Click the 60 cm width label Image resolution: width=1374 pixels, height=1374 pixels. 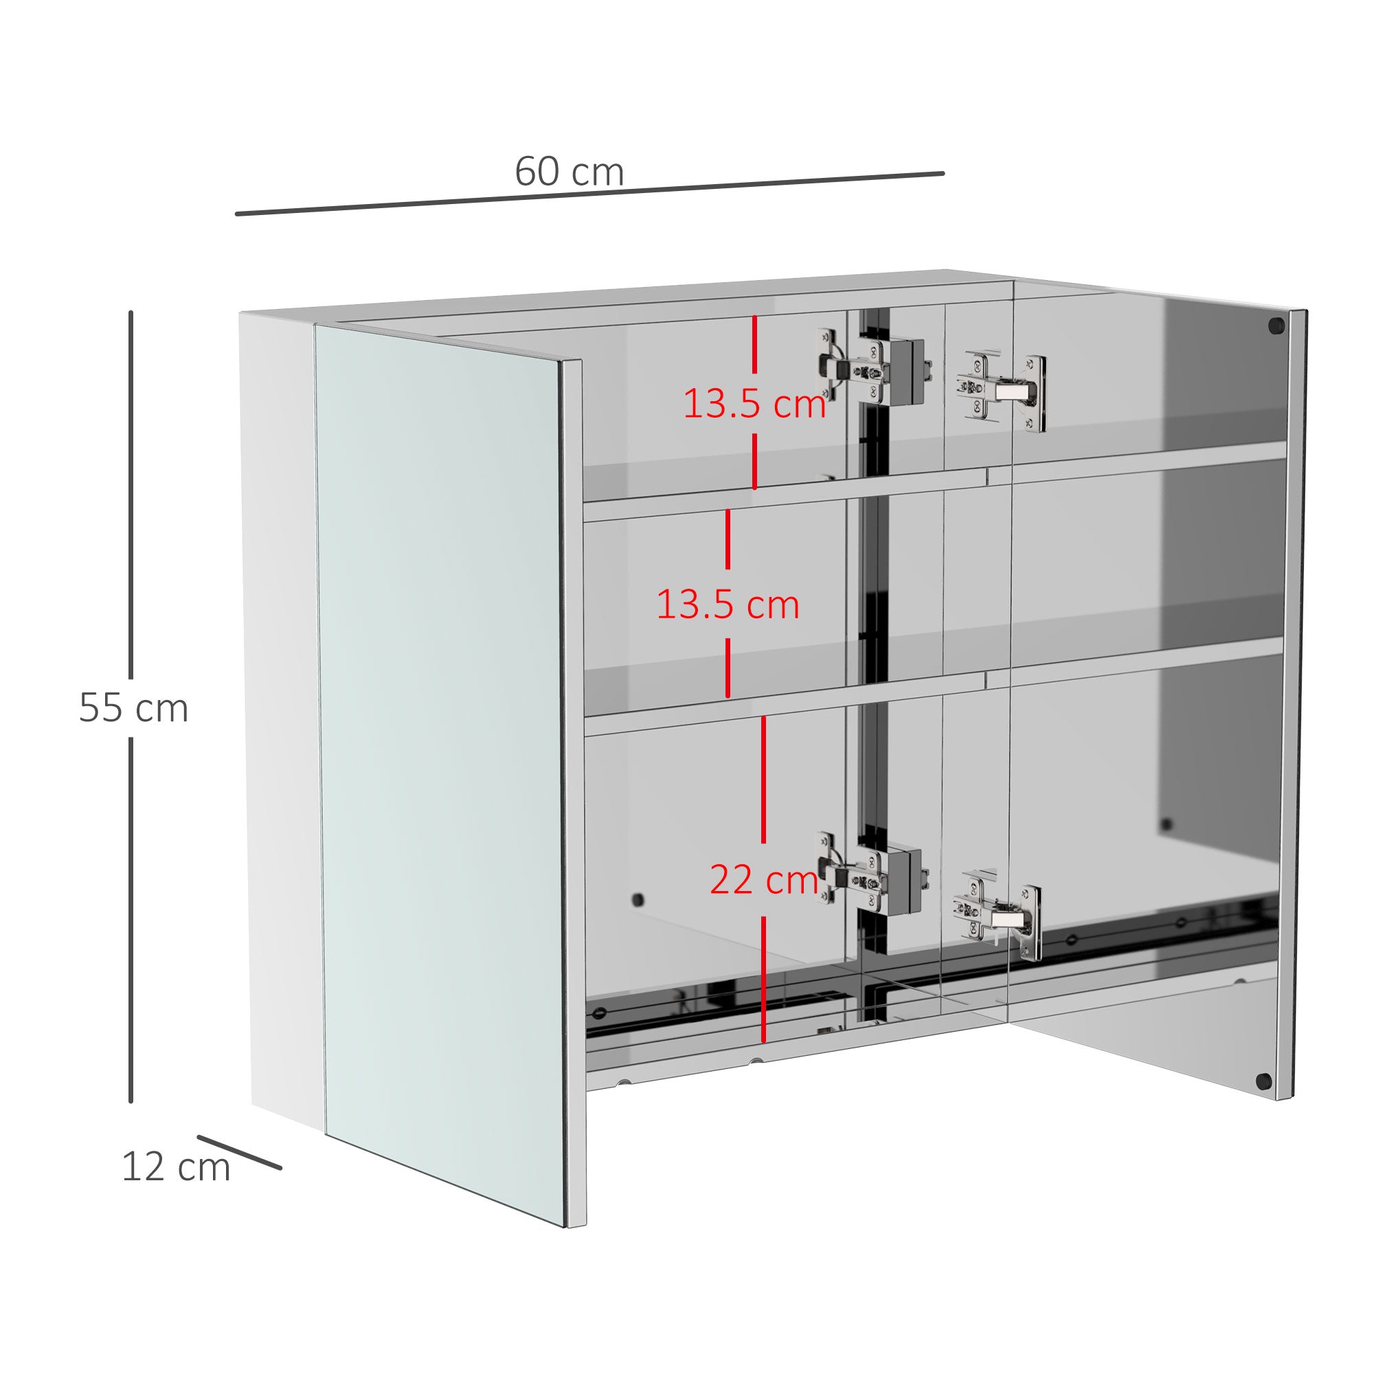[569, 172]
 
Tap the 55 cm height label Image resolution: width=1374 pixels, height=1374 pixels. [134, 708]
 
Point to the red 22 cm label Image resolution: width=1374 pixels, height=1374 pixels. [764, 881]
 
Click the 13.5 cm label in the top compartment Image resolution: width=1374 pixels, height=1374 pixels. [754, 404]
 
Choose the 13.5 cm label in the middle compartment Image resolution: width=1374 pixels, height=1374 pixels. [728, 605]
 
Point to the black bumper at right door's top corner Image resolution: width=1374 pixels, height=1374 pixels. [1276, 326]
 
